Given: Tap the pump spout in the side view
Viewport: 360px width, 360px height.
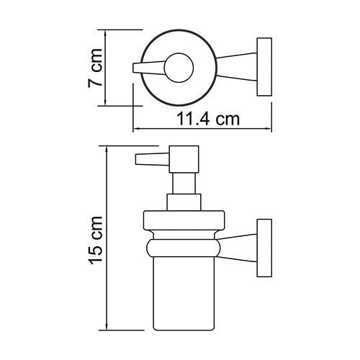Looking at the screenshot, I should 148,161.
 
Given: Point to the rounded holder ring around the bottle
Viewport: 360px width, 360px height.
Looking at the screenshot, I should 184,248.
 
